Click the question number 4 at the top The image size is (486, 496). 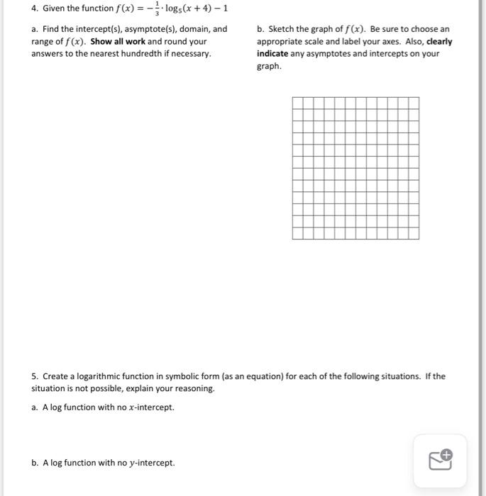click(x=34, y=9)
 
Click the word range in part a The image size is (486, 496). click(x=43, y=42)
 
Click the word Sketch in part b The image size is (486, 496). click(x=282, y=29)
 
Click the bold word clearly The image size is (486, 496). click(x=438, y=42)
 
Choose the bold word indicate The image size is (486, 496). click(x=272, y=54)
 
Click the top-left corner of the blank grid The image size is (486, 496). click(x=292, y=98)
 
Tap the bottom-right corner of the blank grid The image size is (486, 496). click(x=419, y=239)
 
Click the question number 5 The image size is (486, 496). click(x=34, y=376)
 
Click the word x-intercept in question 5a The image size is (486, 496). click(x=150, y=407)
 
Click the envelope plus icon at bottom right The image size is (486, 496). click(x=440, y=461)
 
